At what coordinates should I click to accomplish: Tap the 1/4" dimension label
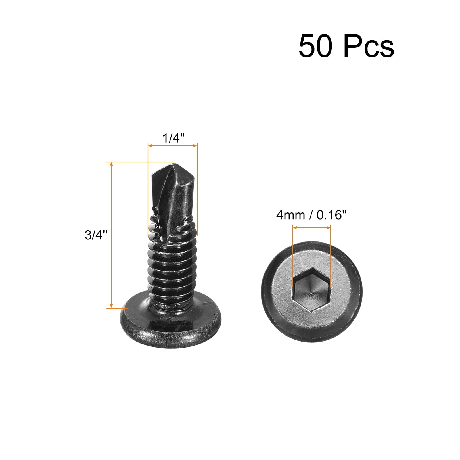[x=173, y=138]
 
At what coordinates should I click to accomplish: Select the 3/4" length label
[x=96, y=235]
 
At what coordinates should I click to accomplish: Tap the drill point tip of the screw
[x=175, y=164]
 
